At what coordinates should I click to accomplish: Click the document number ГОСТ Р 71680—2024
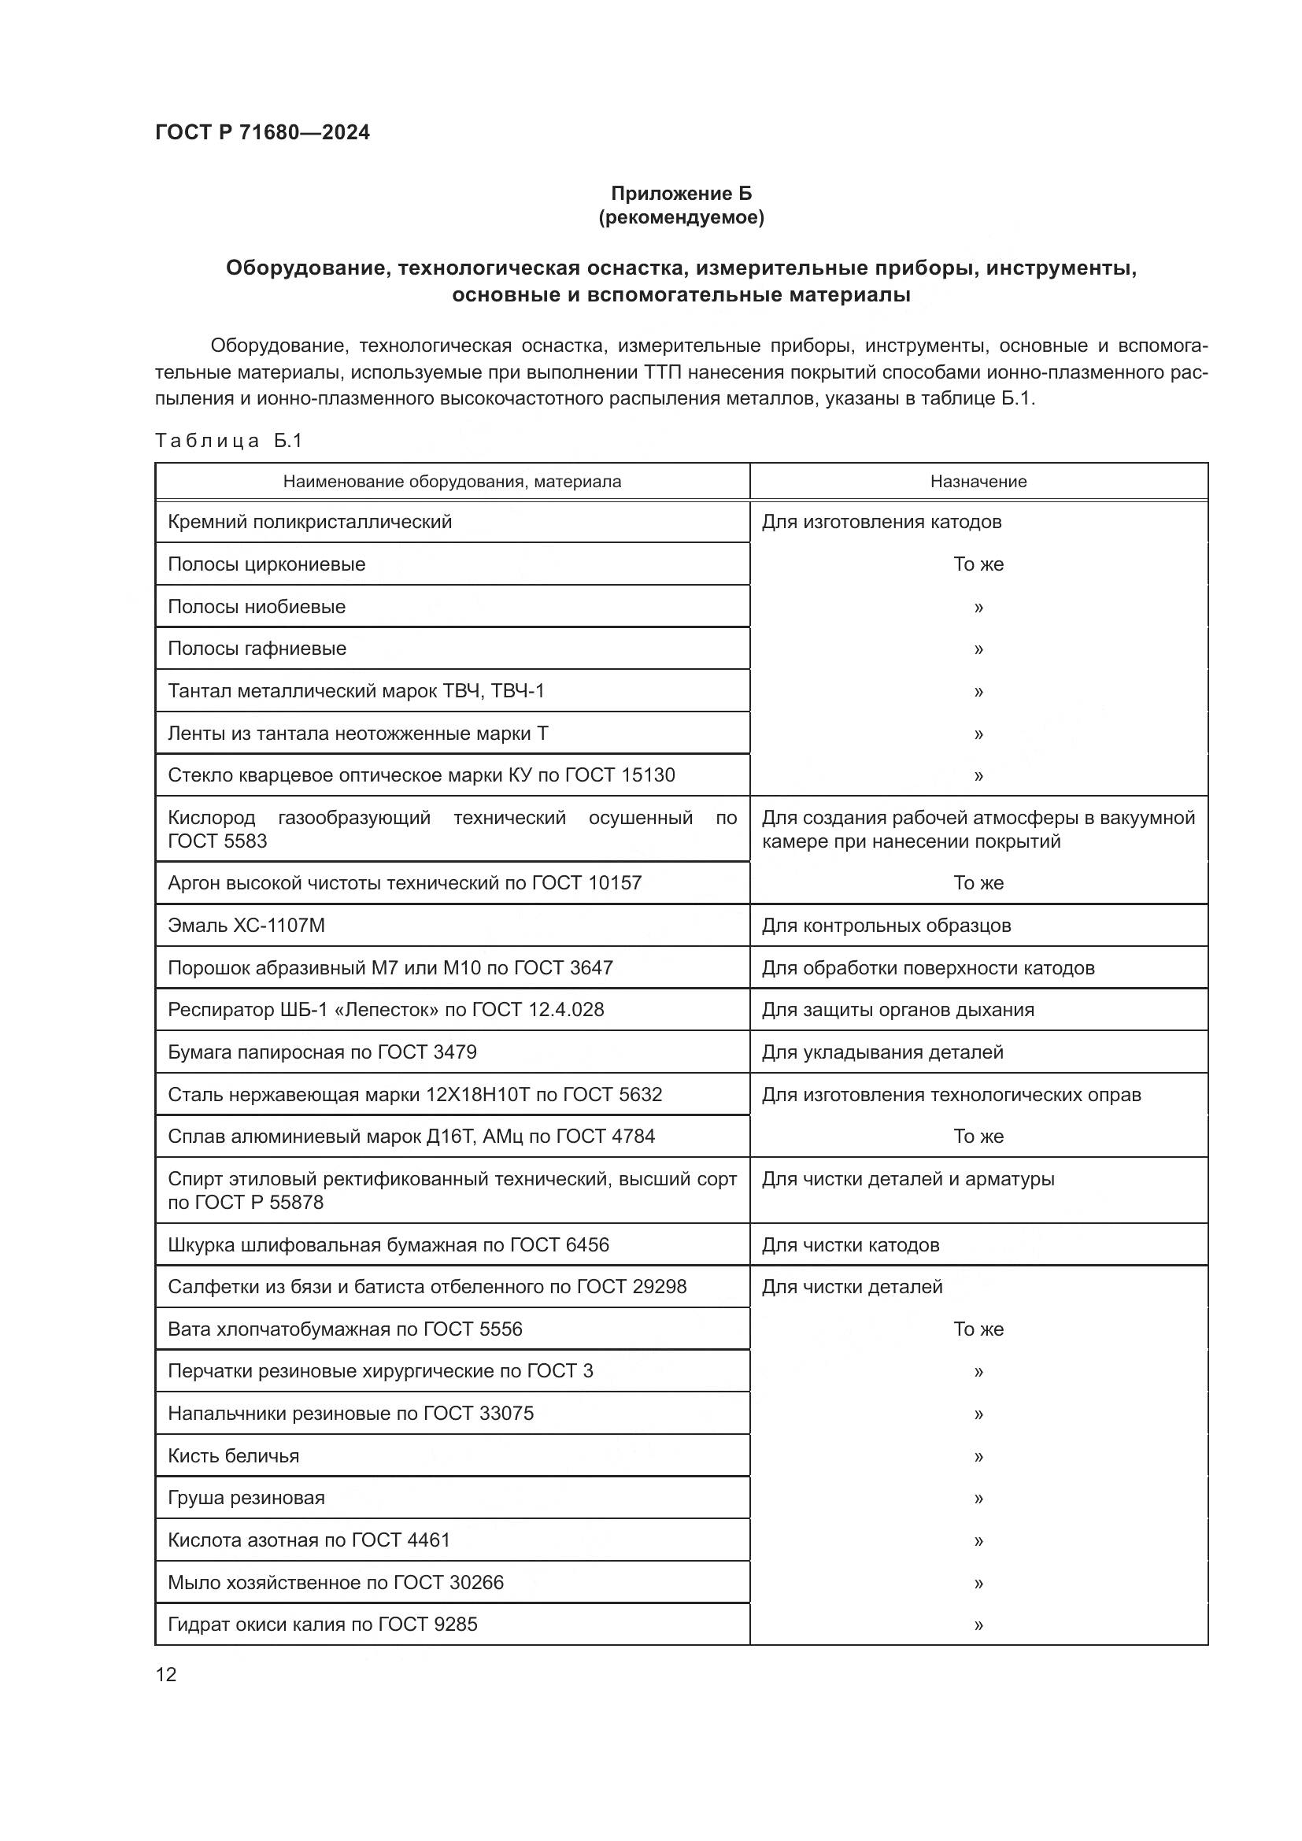tap(262, 133)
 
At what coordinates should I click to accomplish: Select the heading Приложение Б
tap(681, 194)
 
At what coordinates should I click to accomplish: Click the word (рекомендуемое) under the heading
tap(681, 217)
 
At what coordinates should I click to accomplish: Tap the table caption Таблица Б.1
tap(228, 440)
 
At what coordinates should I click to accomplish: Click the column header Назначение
tap(978, 481)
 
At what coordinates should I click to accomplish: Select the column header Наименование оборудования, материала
tap(451, 481)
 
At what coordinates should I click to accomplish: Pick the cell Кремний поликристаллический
tap(309, 522)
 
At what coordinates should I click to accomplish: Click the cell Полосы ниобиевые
tap(257, 606)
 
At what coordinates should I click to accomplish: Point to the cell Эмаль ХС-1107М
tap(246, 926)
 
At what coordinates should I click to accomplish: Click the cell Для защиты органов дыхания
tap(897, 1010)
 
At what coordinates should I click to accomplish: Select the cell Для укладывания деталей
tap(882, 1052)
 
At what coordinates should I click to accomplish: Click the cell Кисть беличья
tap(233, 1455)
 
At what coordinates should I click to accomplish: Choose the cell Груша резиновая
tap(246, 1498)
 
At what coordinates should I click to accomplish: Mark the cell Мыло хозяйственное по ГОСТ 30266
tap(335, 1582)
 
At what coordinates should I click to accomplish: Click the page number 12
tap(166, 1674)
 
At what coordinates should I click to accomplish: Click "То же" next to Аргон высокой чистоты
tap(978, 883)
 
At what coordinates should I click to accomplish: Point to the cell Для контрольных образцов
tap(886, 926)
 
